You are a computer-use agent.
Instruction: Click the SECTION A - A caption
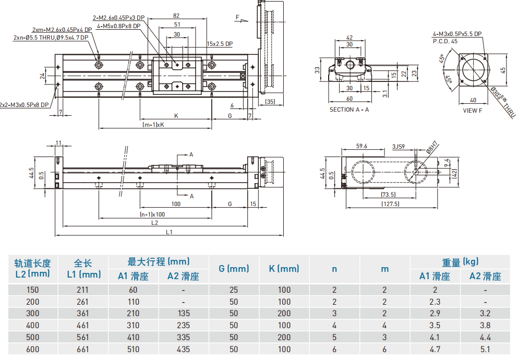[349, 110]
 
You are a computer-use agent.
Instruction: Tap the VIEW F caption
[473, 110]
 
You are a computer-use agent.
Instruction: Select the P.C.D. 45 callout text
[445, 41]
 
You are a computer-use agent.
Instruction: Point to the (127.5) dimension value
[390, 204]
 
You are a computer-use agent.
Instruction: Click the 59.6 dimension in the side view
[362, 147]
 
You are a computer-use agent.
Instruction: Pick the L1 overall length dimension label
[168, 232]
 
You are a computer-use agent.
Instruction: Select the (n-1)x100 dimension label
[152, 214]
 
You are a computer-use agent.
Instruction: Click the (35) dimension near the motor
[270, 102]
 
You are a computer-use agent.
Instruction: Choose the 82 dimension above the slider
[176, 16]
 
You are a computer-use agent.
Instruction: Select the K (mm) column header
[284, 269]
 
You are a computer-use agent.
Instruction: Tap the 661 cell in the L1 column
[82, 350]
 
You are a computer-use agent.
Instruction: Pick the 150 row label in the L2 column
[32, 290]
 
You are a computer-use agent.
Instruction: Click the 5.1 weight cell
[485, 350]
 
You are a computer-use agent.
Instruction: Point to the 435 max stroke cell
[183, 350]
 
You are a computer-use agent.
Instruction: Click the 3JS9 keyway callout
[399, 147]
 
